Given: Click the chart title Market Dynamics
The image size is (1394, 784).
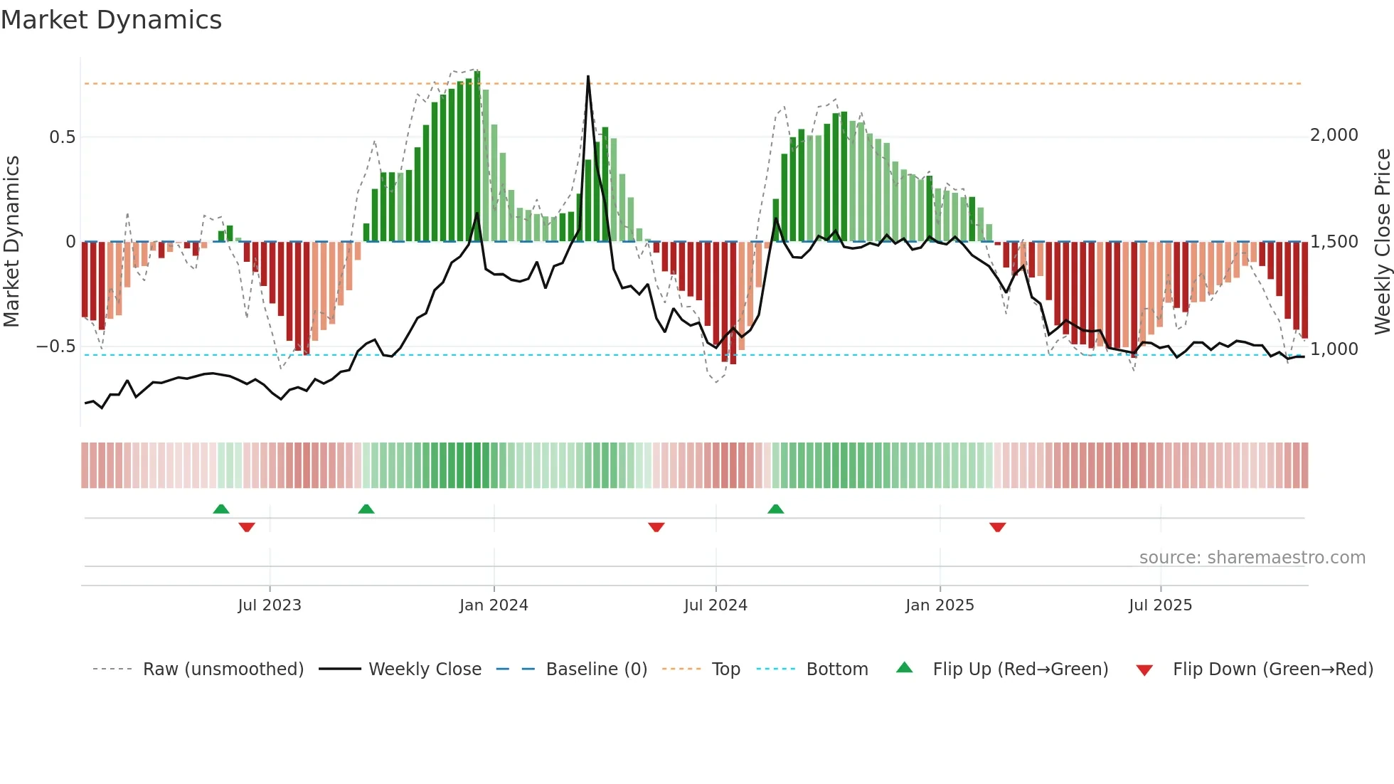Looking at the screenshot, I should pos(111,20).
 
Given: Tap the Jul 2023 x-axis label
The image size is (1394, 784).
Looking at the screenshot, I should pos(270,605).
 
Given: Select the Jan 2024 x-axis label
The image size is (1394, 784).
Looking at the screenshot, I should pos(494,605).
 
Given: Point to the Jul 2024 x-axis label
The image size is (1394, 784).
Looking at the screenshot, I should pos(715,605).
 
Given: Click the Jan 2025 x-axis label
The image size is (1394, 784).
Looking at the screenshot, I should pos(940,605).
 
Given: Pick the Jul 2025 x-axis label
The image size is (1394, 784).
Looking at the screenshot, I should pos(1160,605).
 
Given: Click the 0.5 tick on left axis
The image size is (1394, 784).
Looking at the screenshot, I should pos(62,137).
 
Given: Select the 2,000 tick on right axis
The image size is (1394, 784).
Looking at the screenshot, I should pos(1334,135).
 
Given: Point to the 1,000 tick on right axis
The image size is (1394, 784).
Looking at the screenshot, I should pos(1334,349).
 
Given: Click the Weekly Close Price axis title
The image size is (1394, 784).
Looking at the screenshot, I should pos(1382,242).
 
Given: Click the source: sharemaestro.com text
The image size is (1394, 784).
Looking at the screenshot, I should pos(1252,558).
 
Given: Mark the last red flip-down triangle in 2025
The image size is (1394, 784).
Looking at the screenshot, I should pos(997,527).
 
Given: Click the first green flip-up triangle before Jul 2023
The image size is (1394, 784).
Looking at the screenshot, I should pos(221,509).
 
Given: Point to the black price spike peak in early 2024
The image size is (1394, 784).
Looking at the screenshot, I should pos(588,77).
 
